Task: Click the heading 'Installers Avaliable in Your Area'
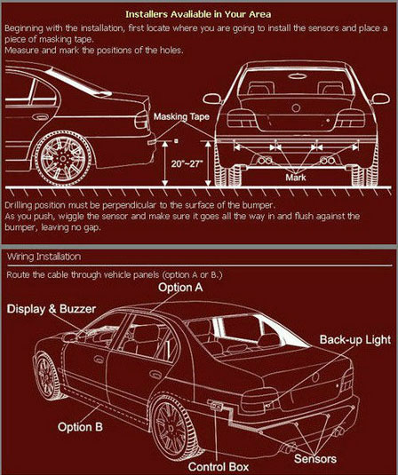(198, 14)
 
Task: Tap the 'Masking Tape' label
(181, 116)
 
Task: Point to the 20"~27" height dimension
(187, 164)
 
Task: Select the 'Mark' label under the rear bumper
(296, 178)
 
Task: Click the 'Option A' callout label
(180, 287)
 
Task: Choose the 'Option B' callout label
(80, 427)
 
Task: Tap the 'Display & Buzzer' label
(52, 309)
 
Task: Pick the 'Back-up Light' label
(355, 339)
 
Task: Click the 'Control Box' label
(219, 467)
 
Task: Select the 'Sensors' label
(315, 459)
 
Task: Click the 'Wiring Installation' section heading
(44, 257)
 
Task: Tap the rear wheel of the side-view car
(63, 158)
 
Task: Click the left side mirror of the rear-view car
(212, 99)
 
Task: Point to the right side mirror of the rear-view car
(381, 99)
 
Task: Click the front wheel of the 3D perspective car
(47, 376)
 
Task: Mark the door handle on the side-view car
(41, 116)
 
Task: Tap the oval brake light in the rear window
(298, 75)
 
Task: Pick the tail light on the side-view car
(142, 120)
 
